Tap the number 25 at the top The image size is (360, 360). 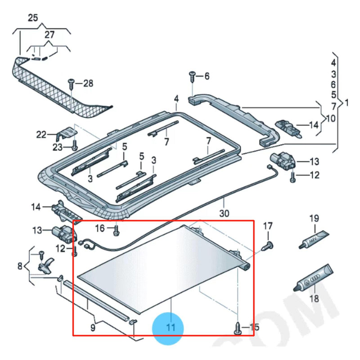point(33,18)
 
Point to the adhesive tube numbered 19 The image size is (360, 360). point(313,238)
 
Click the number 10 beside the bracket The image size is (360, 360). point(330,118)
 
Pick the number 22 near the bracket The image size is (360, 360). point(41,135)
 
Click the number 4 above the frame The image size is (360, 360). point(176,98)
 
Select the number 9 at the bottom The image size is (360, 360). point(93,328)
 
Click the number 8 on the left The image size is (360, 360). point(20,266)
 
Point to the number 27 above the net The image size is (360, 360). point(49,35)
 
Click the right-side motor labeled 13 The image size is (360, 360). point(281,160)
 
